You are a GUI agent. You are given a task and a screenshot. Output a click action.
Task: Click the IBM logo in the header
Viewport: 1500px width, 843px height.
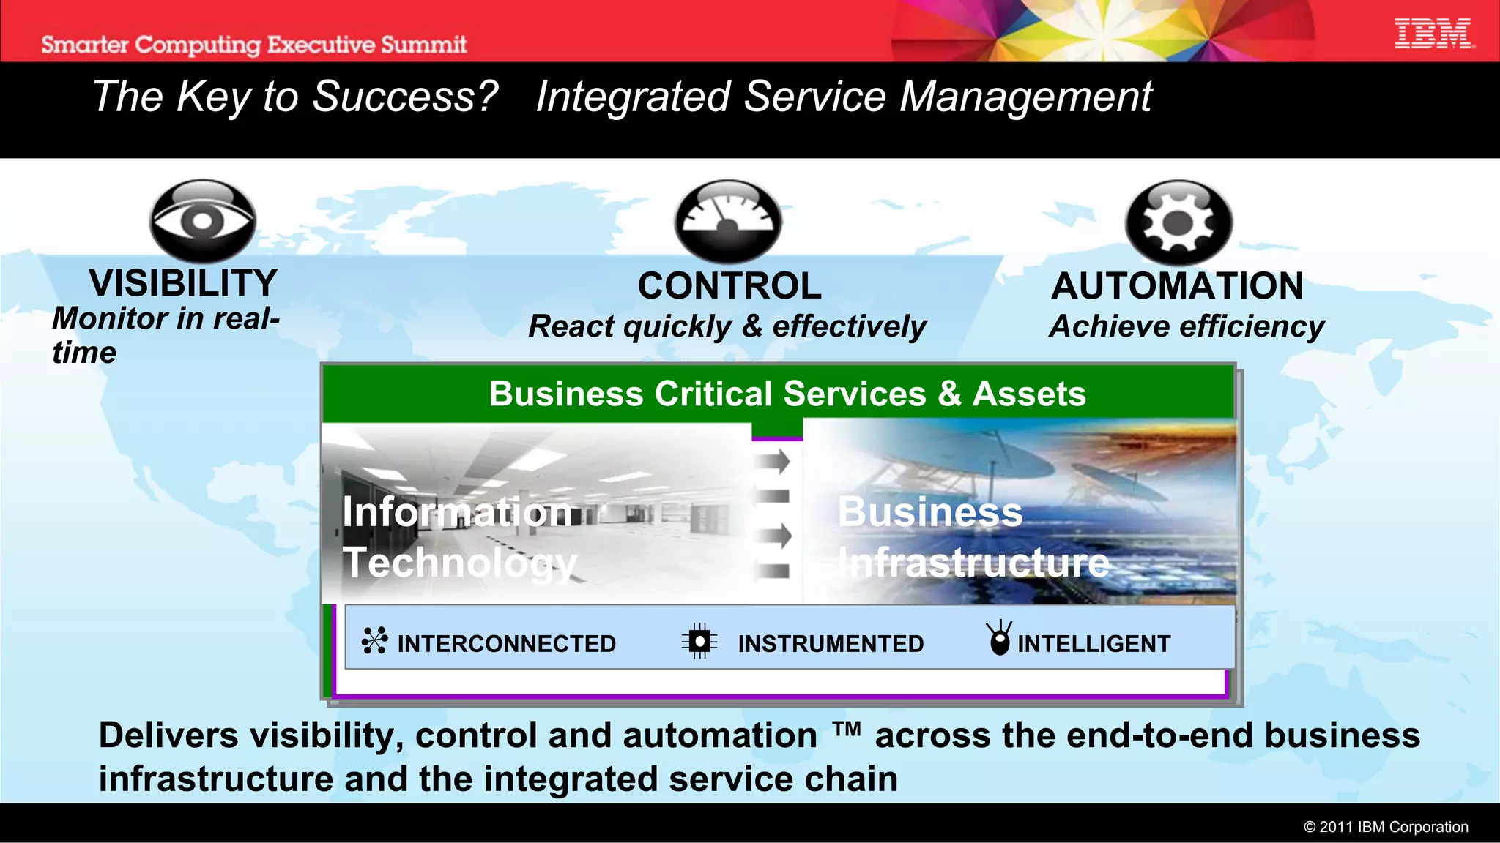(1433, 34)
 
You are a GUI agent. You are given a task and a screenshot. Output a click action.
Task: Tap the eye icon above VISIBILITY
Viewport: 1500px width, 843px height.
(203, 220)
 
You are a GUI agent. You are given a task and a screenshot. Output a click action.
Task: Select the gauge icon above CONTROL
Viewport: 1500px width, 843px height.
(728, 221)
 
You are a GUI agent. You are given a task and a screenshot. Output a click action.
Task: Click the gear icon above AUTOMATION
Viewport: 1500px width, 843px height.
(1178, 222)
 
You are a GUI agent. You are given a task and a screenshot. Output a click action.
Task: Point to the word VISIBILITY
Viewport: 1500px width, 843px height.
(183, 283)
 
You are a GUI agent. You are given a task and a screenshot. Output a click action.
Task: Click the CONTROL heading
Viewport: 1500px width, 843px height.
(729, 286)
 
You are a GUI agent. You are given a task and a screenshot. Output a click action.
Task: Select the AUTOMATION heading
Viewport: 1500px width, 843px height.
(1177, 286)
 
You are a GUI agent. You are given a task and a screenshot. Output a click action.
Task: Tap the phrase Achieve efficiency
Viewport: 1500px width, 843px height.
(1187, 326)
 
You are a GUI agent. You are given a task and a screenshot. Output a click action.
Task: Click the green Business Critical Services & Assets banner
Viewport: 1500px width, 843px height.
(787, 394)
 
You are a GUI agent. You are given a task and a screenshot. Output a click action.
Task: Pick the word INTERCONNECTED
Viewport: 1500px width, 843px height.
(506, 644)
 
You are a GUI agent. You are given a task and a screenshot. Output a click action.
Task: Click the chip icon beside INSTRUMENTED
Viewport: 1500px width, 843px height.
(699, 642)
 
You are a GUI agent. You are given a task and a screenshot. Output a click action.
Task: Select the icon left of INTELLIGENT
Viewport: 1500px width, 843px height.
(999, 638)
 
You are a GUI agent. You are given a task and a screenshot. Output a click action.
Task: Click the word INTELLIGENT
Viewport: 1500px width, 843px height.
(1094, 644)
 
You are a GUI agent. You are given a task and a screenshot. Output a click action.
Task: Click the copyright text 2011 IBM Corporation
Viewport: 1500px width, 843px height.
(1386, 827)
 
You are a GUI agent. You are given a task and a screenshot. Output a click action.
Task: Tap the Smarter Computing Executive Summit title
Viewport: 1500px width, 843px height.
(253, 45)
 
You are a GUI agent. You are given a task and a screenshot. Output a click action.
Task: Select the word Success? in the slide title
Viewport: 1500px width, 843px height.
(405, 97)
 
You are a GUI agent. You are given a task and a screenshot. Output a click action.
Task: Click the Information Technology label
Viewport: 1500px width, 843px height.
(459, 537)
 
